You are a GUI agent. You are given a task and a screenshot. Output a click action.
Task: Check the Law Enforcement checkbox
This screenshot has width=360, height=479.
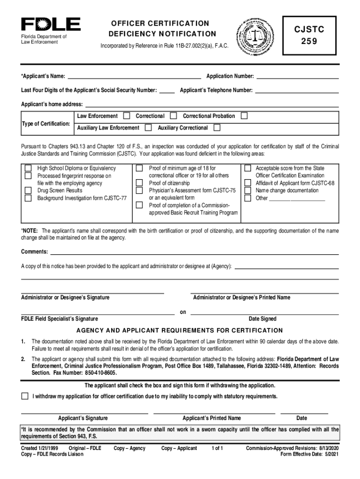[127, 116]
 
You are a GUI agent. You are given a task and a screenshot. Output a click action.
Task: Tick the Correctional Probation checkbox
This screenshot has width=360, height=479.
[244, 116]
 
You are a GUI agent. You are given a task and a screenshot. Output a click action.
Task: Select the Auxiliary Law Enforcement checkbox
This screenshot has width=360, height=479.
[148, 128]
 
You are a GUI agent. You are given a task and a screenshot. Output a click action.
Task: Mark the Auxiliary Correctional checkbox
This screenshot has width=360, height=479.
[217, 128]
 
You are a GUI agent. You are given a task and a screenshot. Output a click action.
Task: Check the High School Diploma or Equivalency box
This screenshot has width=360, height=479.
[28, 168]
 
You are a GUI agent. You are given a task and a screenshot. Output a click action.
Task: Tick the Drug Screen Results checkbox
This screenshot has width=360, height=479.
[28, 191]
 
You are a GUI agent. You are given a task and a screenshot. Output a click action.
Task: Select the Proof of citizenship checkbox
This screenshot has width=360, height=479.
[139, 183]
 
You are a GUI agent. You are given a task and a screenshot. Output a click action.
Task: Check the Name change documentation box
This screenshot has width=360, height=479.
[248, 191]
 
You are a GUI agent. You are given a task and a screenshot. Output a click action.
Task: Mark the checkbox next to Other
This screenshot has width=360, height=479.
[248, 198]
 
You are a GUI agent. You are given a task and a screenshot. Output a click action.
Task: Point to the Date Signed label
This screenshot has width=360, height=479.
[262, 319]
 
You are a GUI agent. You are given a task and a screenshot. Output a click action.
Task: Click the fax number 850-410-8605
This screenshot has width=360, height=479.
[100, 373]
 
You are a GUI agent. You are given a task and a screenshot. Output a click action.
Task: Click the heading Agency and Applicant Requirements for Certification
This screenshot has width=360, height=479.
[180, 331]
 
